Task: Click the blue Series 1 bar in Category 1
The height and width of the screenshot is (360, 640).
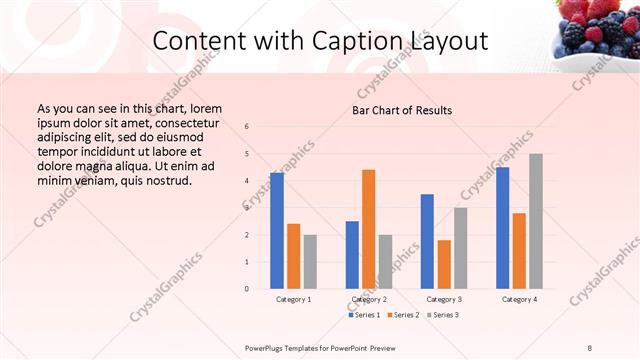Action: pyautogui.click(x=277, y=230)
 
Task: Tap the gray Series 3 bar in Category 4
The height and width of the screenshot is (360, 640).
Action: pyautogui.click(x=535, y=220)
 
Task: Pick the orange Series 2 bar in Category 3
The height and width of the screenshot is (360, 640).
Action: pyautogui.click(x=443, y=264)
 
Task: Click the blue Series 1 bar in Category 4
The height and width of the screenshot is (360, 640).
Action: pyautogui.click(x=502, y=227)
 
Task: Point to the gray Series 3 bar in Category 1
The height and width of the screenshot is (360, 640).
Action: pyautogui.click(x=310, y=261)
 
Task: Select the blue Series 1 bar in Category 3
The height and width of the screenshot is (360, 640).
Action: pyautogui.click(x=427, y=240)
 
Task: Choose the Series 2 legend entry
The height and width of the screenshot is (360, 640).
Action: pyautogui.click(x=403, y=315)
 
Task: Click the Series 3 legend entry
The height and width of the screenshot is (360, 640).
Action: pyautogui.click(x=441, y=315)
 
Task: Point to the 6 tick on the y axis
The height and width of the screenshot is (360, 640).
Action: pyautogui.click(x=247, y=127)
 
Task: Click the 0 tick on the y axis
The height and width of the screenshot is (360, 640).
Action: pyautogui.click(x=247, y=289)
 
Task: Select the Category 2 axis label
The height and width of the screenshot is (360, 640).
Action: pyautogui.click(x=369, y=299)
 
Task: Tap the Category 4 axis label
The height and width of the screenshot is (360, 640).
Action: pyautogui.click(x=519, y=299)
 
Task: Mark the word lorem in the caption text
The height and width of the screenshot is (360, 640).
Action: pyautogui.click(x=204, y=108)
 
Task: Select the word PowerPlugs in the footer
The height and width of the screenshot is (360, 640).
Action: pyautogui.click(x=270, y=347)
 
